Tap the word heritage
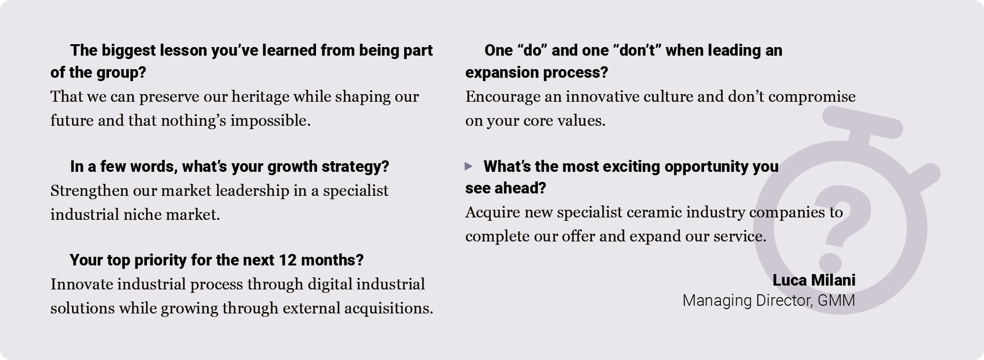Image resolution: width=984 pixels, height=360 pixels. [260, 97]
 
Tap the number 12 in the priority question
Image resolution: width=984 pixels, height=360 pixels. [287, 260]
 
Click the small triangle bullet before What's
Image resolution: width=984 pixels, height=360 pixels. [469, 166]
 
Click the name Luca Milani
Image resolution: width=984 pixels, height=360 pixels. [814, 280]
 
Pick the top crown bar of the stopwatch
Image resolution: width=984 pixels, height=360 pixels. [863, 123]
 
